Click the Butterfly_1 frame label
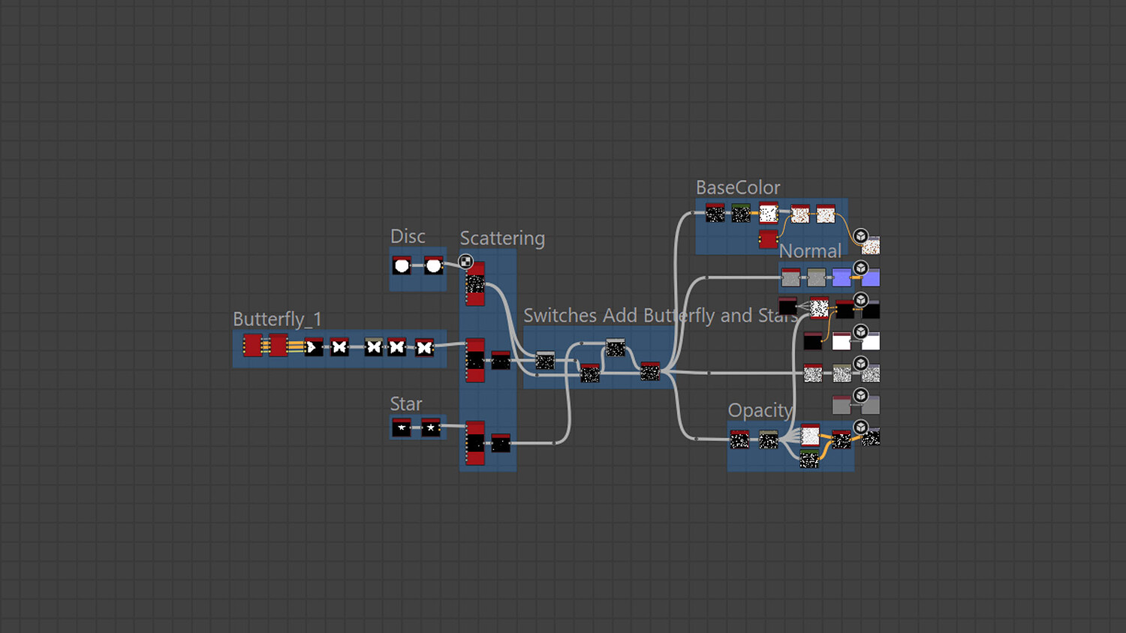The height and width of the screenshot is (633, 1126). point(277,319)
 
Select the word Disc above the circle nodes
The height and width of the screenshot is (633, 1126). point(408,236)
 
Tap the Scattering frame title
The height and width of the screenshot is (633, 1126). point(502,238)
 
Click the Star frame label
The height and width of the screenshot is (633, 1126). point(406,404)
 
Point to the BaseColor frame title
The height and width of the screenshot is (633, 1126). point(738,187)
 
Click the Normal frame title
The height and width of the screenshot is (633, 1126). point(810,251)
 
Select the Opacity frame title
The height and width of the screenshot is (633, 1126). point(760,410)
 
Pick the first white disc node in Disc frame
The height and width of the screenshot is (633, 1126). point(402,265)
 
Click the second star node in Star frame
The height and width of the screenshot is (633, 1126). point(431,427)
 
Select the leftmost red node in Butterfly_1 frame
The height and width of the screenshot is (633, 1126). point(252,346)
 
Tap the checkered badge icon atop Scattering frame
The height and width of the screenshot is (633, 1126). point(465,261)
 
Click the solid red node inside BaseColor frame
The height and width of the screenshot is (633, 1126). point(768,239)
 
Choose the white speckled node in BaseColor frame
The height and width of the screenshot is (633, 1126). point(768,214)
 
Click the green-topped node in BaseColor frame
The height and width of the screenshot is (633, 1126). point(741,214)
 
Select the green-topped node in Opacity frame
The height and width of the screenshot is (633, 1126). point(809,459)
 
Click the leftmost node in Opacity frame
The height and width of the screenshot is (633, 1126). point(739,439)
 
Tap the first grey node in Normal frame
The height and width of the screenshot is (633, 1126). point(790,278)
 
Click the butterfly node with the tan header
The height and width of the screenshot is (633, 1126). point(373,346)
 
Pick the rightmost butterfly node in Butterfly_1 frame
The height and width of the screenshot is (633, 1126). point(424,347)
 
